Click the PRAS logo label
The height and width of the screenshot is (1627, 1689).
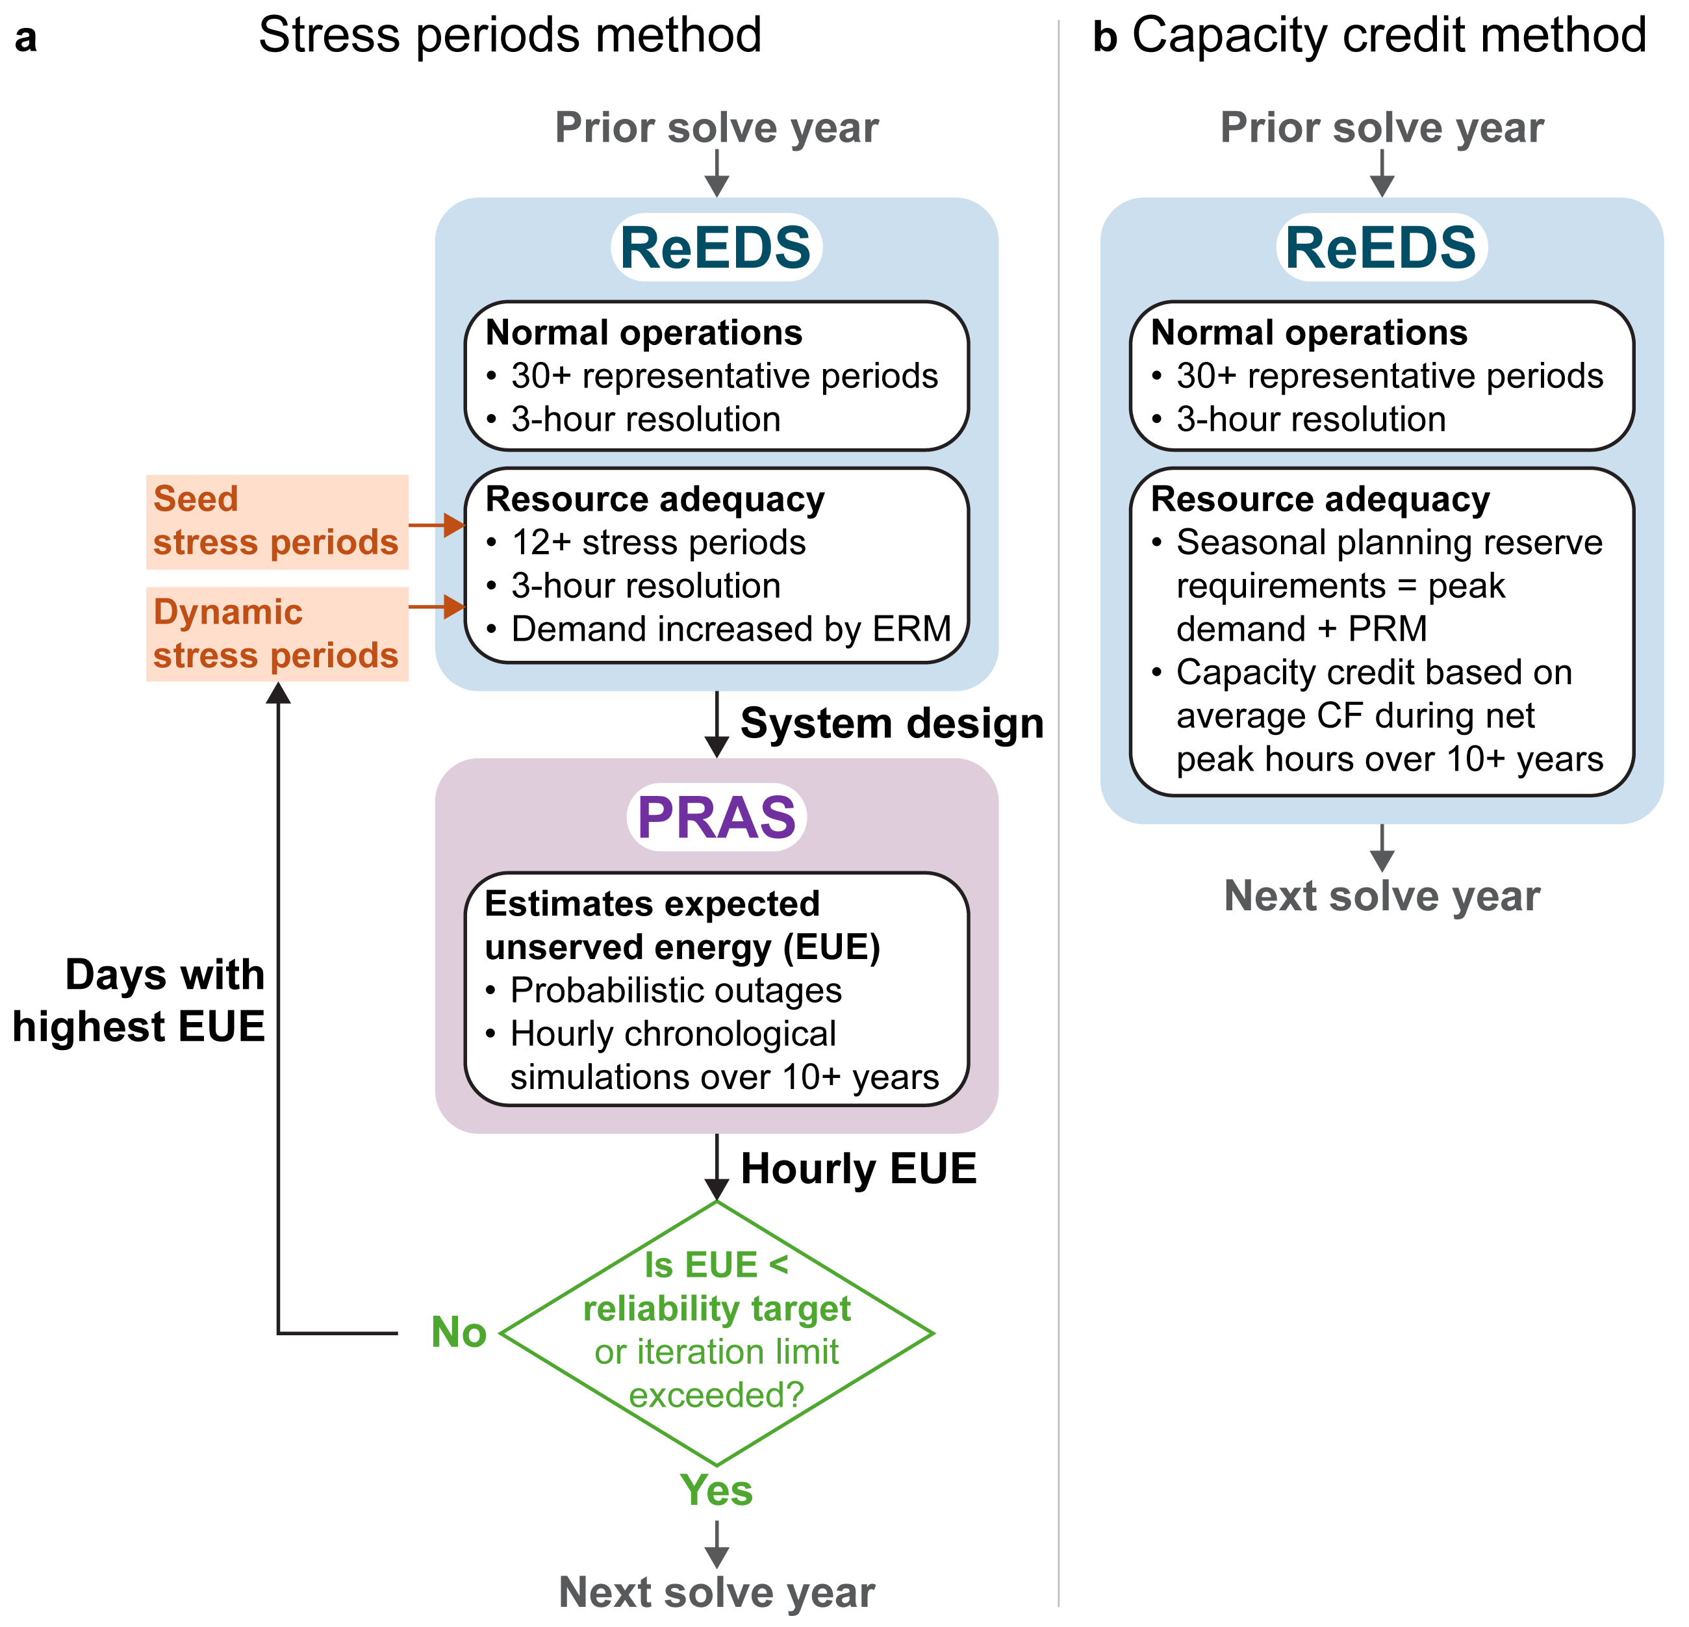[x=716, y=817]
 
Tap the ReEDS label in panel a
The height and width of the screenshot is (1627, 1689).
[x=716, y=248]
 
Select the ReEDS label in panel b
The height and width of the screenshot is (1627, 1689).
[x=1381, y=248]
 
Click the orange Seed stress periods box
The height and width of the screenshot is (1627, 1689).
[x=277, y=521]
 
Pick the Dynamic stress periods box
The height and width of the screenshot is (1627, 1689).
[x=277, y=634]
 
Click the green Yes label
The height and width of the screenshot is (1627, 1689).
[x=716, y=1490]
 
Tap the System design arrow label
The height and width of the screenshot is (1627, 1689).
[x=892, y=723]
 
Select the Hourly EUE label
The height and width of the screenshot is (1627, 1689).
[x=858, y=1168]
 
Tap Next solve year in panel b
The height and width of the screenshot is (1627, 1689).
[x=1381, y=895]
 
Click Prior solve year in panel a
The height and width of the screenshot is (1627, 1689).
[x=716, y=127]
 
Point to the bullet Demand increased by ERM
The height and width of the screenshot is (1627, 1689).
[x=731, y=629]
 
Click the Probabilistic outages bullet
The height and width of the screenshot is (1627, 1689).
[x=676, y=990]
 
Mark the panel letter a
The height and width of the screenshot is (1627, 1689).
[x=26, y=38]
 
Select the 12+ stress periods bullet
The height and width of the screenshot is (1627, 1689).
[x=658, y=542]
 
